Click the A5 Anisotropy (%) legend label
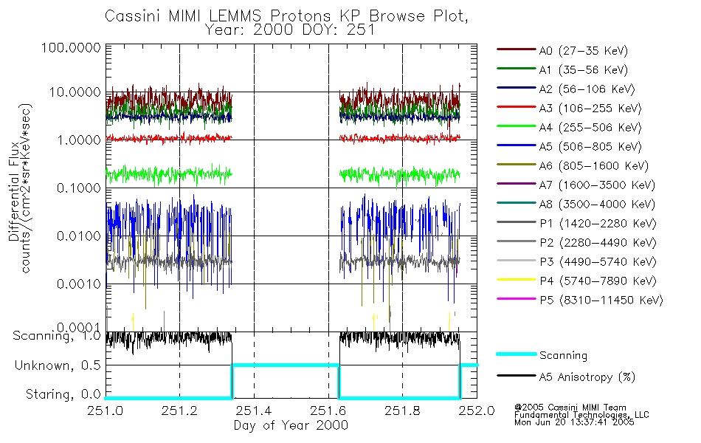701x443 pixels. coord(587,377)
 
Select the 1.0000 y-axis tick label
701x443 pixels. coord(77,140)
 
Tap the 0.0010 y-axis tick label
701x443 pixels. coord(77,284)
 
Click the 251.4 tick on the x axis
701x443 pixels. coord(254,411)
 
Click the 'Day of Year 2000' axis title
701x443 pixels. coord(291,425)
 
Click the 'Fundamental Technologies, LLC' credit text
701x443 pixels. coord(581,414)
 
